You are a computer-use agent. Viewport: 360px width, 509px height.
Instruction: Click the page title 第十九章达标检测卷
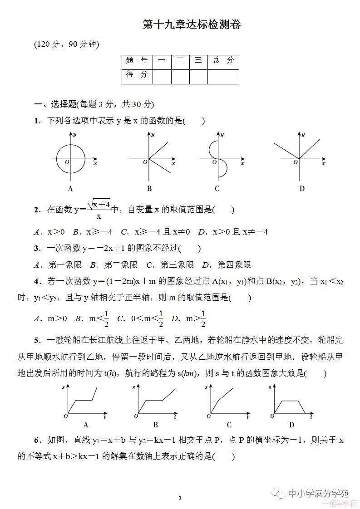[x=191, y=24]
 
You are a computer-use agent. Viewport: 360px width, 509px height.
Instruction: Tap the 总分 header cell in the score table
[x=223, y=60]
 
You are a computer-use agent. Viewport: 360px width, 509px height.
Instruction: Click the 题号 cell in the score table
[x=137, y=60]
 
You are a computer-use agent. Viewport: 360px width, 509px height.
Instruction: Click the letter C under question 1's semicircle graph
[x=217, y=189]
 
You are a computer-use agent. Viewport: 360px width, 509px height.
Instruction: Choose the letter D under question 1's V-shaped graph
[x=302, y=189]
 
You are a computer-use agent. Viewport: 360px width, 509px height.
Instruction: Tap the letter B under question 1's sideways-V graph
[x=149, y=189]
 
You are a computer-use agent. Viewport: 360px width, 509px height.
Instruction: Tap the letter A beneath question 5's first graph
[x=86, y=425]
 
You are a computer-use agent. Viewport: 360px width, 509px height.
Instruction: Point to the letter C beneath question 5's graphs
[x=229, y=425]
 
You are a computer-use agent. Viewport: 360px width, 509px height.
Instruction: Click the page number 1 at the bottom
[x=180, y=498]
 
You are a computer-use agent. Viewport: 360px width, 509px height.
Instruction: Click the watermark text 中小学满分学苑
[x=318, y=493]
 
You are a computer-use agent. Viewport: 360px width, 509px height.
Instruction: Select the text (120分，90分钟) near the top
[x=67, y=44]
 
